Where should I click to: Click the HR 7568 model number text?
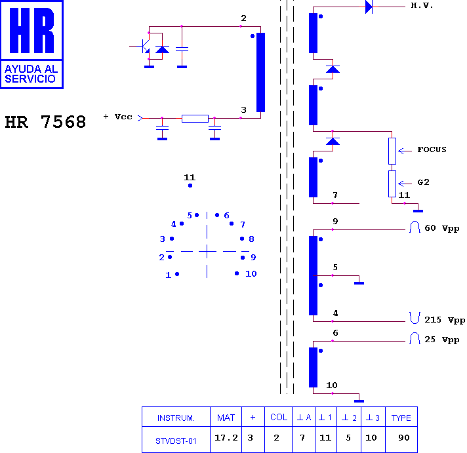(x=45, y=122)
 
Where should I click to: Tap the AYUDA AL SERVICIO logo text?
(x=31, y=74)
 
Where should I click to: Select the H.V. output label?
(x=422, y=5)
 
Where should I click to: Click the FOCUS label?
(x=432, y=149)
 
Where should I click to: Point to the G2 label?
(x=423, y=182)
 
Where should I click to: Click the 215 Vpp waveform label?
(x=444, y=320)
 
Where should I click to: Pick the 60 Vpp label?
(x=441, y=228)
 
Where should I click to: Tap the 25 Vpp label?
(x=441, y=340)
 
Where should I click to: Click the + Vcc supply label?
(x=117, y=117)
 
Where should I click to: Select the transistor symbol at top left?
(x=144, y=46)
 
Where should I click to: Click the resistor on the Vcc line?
(x=195, y=119)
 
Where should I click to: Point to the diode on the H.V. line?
(x=369, y=7)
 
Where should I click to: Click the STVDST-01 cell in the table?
(x=176, y=441)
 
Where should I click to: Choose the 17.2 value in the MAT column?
(x=226, y=437)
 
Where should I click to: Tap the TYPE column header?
(x=401, y=418)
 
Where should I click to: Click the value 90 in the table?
(x=404, y=437)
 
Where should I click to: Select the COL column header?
(x=279, y=418)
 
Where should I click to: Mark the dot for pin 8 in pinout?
(x=242, y=239)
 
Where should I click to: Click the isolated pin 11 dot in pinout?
(x=190, y=186)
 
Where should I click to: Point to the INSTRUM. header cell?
(x=176, y=418)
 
